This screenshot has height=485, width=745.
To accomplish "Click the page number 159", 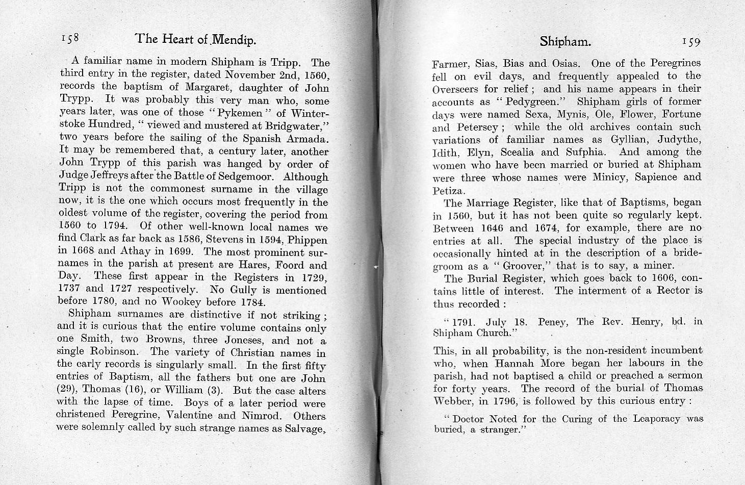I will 691,41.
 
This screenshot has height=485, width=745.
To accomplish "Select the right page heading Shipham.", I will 565,41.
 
